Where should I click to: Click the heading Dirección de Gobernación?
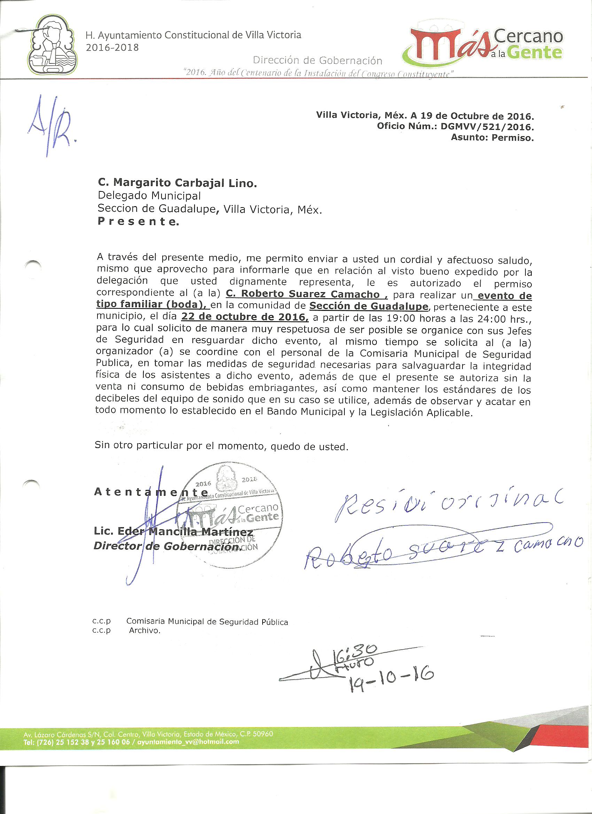click(x=317, y=60)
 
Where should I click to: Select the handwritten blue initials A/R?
click(x=52, y=126)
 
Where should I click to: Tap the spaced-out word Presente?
click(x=138, y=221)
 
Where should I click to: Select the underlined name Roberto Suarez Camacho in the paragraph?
click(x=306, y=294)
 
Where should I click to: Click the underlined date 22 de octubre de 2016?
click(x=244, y=317)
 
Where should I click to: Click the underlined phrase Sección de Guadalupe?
click(x=369, y=306)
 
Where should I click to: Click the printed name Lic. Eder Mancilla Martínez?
click(x=173, y=532)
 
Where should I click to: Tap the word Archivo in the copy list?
click(x=144, y=631)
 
